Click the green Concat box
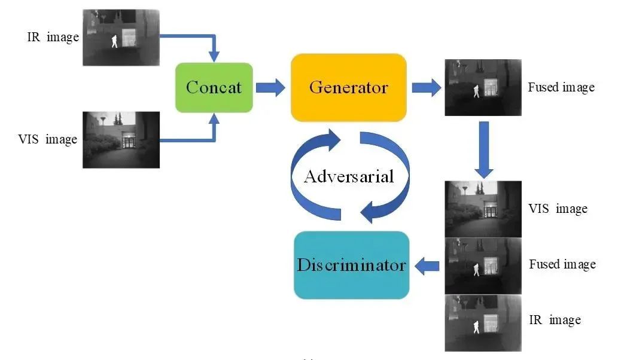click(x=214, y=87)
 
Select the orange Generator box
click(x=348, y=87)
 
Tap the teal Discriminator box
click(x=351, y=265)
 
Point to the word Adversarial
click(x=349, y=176)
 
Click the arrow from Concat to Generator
click(x=270, y=87)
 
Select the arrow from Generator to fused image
click(x=426, y=87)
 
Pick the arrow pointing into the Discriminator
click(x=427, y=265)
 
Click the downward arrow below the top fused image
click(x=483, y=149)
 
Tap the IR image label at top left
click(x=53, y=37)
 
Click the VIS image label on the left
click(x=48, y=140)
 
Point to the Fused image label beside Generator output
click(x=561, y=87)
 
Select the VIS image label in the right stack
click(x=558, y=209)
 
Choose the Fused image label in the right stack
click(x=562, y=264)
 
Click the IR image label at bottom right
click(x=555, y=320)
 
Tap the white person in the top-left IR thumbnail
click(x=114, y=41)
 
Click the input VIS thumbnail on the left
click(x=121, y=139)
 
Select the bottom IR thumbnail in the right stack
click(x=483, y=324)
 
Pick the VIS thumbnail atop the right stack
click(x=483, y=209)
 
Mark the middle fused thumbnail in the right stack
click(x=483, y=266)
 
